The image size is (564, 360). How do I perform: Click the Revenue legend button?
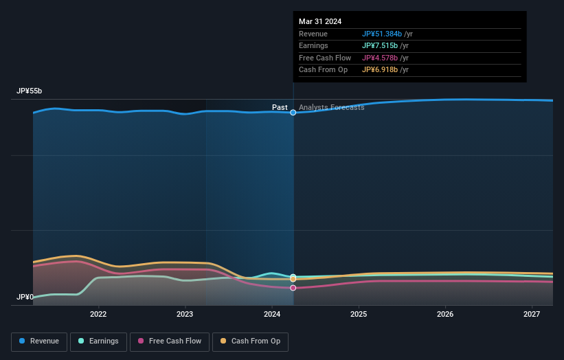[x=39, y=341]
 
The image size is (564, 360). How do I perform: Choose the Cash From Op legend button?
[x=251, y=341]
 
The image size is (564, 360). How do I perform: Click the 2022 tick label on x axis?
[x=98, y=315]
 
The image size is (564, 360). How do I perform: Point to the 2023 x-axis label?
[x=185, y=315]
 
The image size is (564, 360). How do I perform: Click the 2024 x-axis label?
[x=272, y=315]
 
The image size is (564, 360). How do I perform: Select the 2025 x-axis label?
[x=359, y=315]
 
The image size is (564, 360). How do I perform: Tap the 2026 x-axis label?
[x=445, y=315]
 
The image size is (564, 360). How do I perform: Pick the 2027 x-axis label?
[x=532, y=315]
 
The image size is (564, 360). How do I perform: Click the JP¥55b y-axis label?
[x=30, y=91]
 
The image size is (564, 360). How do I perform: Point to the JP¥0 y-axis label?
[x=25, y=297]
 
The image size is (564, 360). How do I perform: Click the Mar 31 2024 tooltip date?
[x=320, y=22]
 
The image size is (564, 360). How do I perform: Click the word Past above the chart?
[x=280, y=108]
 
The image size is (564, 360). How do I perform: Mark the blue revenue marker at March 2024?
[x=293, y=112]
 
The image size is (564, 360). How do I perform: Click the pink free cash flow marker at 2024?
[x=293, y=288]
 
